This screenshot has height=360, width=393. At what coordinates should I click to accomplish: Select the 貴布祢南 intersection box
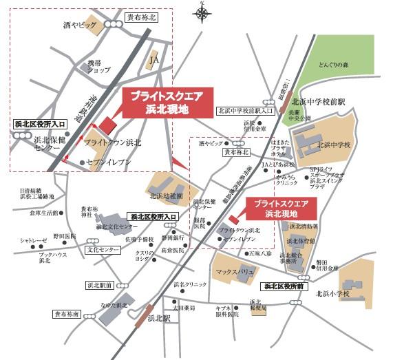pyautogui.click(x=67, y=314)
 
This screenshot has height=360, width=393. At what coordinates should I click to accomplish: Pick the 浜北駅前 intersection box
pyautogui.click(x=100, y=284)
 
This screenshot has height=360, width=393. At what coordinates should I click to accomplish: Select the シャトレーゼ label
pyautogui.click(x=33, y=241)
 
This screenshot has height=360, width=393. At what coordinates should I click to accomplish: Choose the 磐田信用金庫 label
pyautogui.click(x=327, y=265)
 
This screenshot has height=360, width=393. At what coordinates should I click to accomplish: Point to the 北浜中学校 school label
pyautogui.click(x=334, y=145)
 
